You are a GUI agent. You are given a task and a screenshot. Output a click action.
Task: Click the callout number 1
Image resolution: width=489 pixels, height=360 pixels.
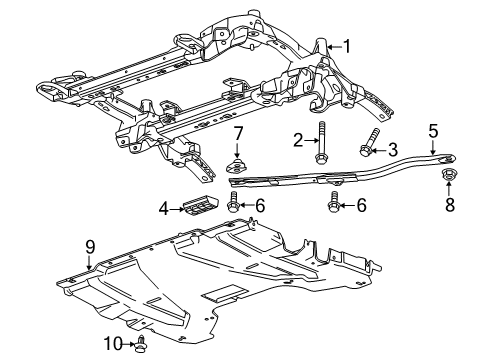coord(347,45)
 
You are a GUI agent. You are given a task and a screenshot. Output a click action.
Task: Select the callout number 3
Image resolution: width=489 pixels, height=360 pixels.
coord(393,148)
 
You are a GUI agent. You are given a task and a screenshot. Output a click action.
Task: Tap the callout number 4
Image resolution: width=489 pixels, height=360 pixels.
coord(163,209)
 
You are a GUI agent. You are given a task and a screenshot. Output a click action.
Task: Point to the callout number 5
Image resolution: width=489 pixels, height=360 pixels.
coord(433,129)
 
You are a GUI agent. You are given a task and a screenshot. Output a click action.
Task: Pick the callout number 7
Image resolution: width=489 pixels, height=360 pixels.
coord(239,135)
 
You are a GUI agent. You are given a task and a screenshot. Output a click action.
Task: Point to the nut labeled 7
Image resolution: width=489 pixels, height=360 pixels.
coord(239,164)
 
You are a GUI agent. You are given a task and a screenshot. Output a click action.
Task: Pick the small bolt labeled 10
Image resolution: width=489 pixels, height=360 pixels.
coord(142,345)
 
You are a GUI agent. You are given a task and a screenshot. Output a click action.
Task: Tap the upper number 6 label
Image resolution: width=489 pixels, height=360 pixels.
coord(259,206)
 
